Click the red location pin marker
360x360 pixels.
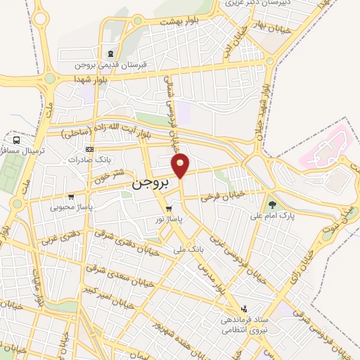pos(181,166)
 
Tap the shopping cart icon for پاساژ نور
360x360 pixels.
pos(168,210)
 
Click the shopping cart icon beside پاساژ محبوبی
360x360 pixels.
pos(70,197)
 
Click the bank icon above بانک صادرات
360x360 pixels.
pos(89,149)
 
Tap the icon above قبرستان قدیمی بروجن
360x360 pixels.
pos(109,55)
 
